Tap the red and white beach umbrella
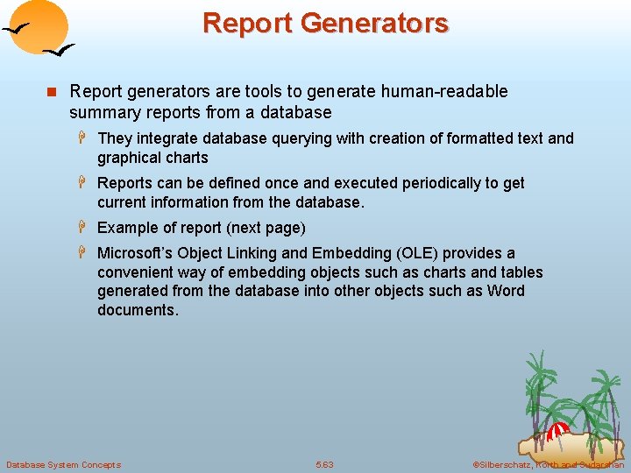tap(557, 431)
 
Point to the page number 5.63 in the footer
tap(325, 464)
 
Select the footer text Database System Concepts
tap(64, 464)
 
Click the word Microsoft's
tap(136, 253)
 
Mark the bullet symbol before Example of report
tap(84, 228)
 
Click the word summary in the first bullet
tap(100, 112)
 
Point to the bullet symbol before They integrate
tap(84, 138)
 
